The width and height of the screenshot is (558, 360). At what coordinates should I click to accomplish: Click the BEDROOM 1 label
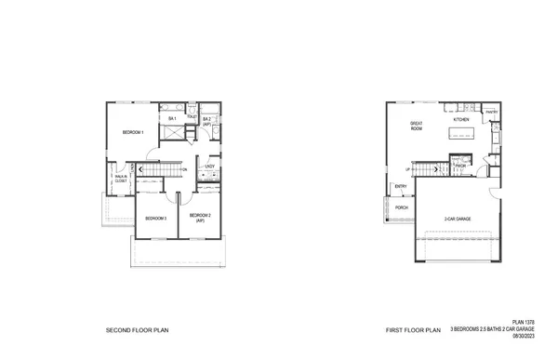tap(133, 133)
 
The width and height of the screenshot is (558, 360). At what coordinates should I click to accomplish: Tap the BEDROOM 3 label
tap(155, 219)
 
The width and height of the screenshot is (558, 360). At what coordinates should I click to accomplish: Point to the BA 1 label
tap(172, 119)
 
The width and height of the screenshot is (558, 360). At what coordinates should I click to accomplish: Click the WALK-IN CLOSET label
tap(121, 179)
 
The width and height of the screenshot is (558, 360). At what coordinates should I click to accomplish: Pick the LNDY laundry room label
tap(210, 167)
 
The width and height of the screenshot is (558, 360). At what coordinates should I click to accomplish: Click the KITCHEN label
tap(460, 120)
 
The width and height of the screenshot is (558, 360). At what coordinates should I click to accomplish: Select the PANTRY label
tap(492, 113)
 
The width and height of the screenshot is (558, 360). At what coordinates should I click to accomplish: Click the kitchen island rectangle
tap(460, 135)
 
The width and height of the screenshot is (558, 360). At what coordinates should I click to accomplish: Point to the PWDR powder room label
tap(459, 167)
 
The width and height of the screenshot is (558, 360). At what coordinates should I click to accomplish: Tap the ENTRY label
tap(401, 186)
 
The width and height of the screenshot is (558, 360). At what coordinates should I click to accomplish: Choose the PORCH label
tap(402, 207)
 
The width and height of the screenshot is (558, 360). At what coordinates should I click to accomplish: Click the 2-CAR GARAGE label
tap(457, 220)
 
